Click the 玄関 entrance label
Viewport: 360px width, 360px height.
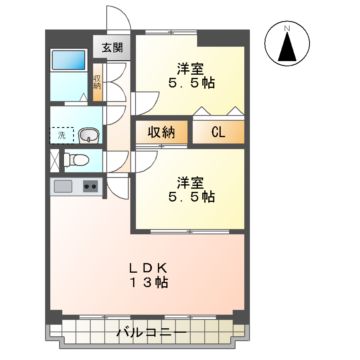tap(109, 47)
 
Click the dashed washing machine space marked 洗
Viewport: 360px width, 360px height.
tap(61, 134)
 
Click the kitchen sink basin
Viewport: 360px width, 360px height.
tap(63, 187)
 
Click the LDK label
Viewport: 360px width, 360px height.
tap(154, 267)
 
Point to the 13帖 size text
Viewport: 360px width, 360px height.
tap(152, 285)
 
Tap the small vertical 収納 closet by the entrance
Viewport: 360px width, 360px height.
tap(97, 83)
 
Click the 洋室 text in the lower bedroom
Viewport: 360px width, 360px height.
tap(193, 182)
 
